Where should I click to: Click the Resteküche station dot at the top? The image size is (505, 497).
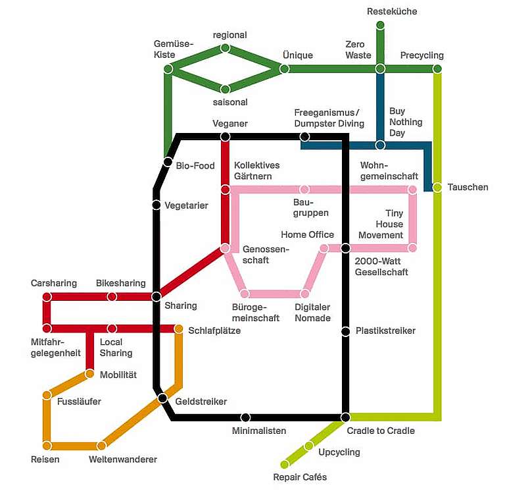tap(380, 26)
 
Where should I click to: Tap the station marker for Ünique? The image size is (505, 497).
tap(284, 69)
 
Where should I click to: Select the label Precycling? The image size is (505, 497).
tap(421, 55)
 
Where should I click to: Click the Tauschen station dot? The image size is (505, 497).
tap(437, 188)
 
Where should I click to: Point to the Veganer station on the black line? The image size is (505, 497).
tap(225, 137)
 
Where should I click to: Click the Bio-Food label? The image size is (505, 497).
tap(195, 166)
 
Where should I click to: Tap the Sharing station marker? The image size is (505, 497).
tap(156, 297)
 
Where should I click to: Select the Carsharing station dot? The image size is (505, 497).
tap(47, 297)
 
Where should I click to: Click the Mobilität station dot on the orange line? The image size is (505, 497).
tap(90, 374)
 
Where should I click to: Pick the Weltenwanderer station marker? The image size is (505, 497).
tap(101, 446)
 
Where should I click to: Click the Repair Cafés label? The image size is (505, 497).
tap(300, 477)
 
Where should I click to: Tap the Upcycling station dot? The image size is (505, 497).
tap(309, 446)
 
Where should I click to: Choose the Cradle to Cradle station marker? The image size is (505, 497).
tap(345, 417)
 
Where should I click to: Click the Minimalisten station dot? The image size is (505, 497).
tap(245, 417)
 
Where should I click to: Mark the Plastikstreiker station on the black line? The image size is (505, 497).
tap(345, 331)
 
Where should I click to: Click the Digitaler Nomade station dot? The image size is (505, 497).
tap(305, 294)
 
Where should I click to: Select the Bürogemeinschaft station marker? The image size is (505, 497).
tap(244, 294)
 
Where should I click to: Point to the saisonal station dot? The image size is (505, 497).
tap(225, 89)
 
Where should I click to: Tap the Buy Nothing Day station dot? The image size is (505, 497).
tap(380, 145)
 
